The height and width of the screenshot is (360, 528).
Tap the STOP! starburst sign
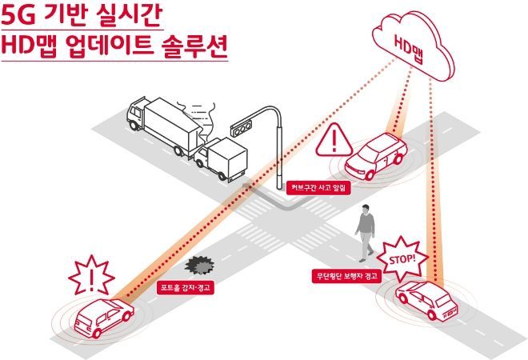tap(402, 260)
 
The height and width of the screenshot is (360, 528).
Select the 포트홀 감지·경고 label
tap(186, 287)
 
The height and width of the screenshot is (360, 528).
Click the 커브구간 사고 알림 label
tap(318, 188)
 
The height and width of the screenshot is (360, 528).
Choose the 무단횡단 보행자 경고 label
tap(347, 276)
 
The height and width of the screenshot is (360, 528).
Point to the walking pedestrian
tap(365, 233)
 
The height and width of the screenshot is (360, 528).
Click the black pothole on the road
tap(199, 265)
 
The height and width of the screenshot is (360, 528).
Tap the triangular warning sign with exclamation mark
tap(334, 140)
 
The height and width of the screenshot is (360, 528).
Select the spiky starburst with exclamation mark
tap(91, 275)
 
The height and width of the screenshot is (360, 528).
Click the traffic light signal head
tap(241, 128)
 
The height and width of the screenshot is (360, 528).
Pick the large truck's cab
tap(136, 114)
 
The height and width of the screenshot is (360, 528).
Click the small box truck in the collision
tap(222, 159)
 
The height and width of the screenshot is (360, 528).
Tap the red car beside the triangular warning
tap(375, 156)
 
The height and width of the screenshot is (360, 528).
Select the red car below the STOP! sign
tap(426, 300)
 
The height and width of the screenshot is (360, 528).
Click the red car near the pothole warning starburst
tap(104, 317)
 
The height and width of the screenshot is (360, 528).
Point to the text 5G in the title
tap(18, 15)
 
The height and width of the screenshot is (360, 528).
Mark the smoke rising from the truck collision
tap(198, 118)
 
